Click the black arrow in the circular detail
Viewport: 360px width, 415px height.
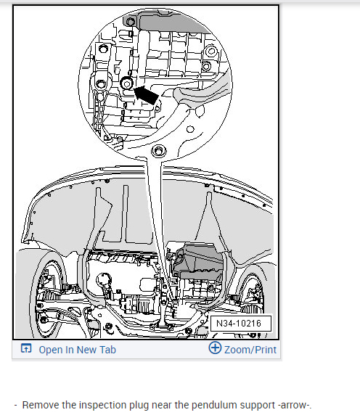[x=146, y=95]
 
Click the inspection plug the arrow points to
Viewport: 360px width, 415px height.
[x=126, y=83]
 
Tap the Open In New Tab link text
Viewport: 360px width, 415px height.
[x=77, y=350]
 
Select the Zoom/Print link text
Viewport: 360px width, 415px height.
[x=250, y=350]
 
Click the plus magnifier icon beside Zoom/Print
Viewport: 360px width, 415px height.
[x=215, y=348]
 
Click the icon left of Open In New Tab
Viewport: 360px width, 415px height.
[x=26, y=348]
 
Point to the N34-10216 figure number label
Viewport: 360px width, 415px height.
[x=241, y=323]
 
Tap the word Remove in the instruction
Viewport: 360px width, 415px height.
[x=41, y=406]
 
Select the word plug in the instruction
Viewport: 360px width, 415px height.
[x=139, y=406]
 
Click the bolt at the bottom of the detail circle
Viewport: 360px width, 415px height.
[x=158, y=151]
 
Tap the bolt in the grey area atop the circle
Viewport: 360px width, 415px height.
[x=130, y=22]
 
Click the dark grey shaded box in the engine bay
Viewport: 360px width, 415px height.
[x=198, y=261]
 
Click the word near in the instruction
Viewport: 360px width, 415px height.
[x=162, y=406]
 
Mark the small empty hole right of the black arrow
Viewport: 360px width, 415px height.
[x=190, y=129]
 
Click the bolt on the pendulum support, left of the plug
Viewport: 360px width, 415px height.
[x=101, y=84]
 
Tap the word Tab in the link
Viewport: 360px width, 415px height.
[x=108, y=350]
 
